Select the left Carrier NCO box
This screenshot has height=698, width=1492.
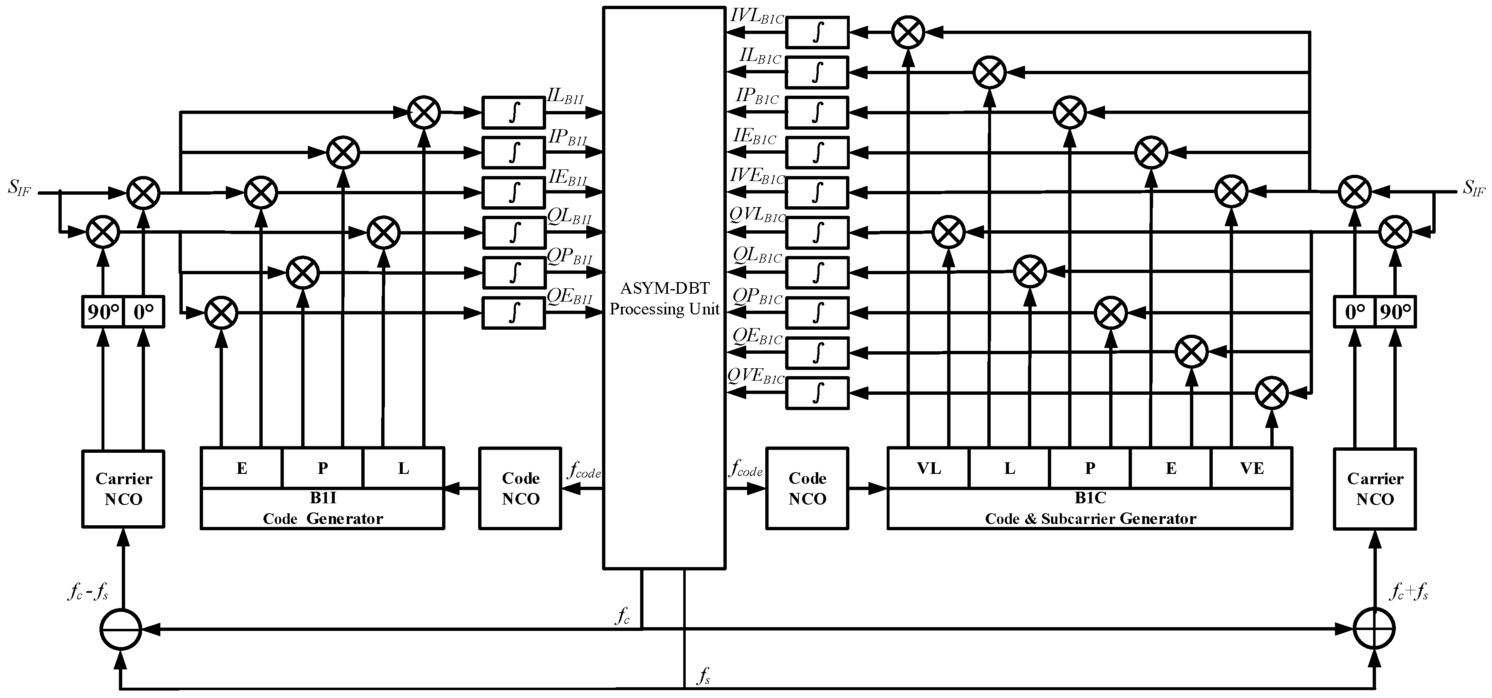pyautogui.click(x=123, y=489)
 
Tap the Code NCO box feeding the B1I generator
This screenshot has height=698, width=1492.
pyautogui.click(x=520, y=488)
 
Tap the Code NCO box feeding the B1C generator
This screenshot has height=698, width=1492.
pyautogui.click(x=807, y=488)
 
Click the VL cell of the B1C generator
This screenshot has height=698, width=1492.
pyautogui.click(x=929, y=468)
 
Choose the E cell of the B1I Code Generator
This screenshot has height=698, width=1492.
pyautogui.click(x=242, y=468)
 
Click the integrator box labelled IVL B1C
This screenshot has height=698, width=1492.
pyautogui.click(x=817, y=32)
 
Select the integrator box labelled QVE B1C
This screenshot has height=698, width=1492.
pyautogui.click(x=817, y=393)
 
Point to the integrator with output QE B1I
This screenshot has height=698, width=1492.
pyautogui.click(x=514, y=313)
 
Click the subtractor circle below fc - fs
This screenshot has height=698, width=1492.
pyautogui.click(x=121, y=628)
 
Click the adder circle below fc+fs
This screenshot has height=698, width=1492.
pyautogui.click(x=1374, y=628)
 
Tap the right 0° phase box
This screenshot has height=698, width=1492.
pyautogui.click(x=1355, y=312)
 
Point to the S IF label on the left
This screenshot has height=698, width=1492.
pyautogui.click(x=19, y=188)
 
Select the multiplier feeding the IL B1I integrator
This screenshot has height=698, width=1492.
pyautogui.click(x=424, y=112)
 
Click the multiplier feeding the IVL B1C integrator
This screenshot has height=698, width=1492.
pyautogui.click(x=908, y=32)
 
